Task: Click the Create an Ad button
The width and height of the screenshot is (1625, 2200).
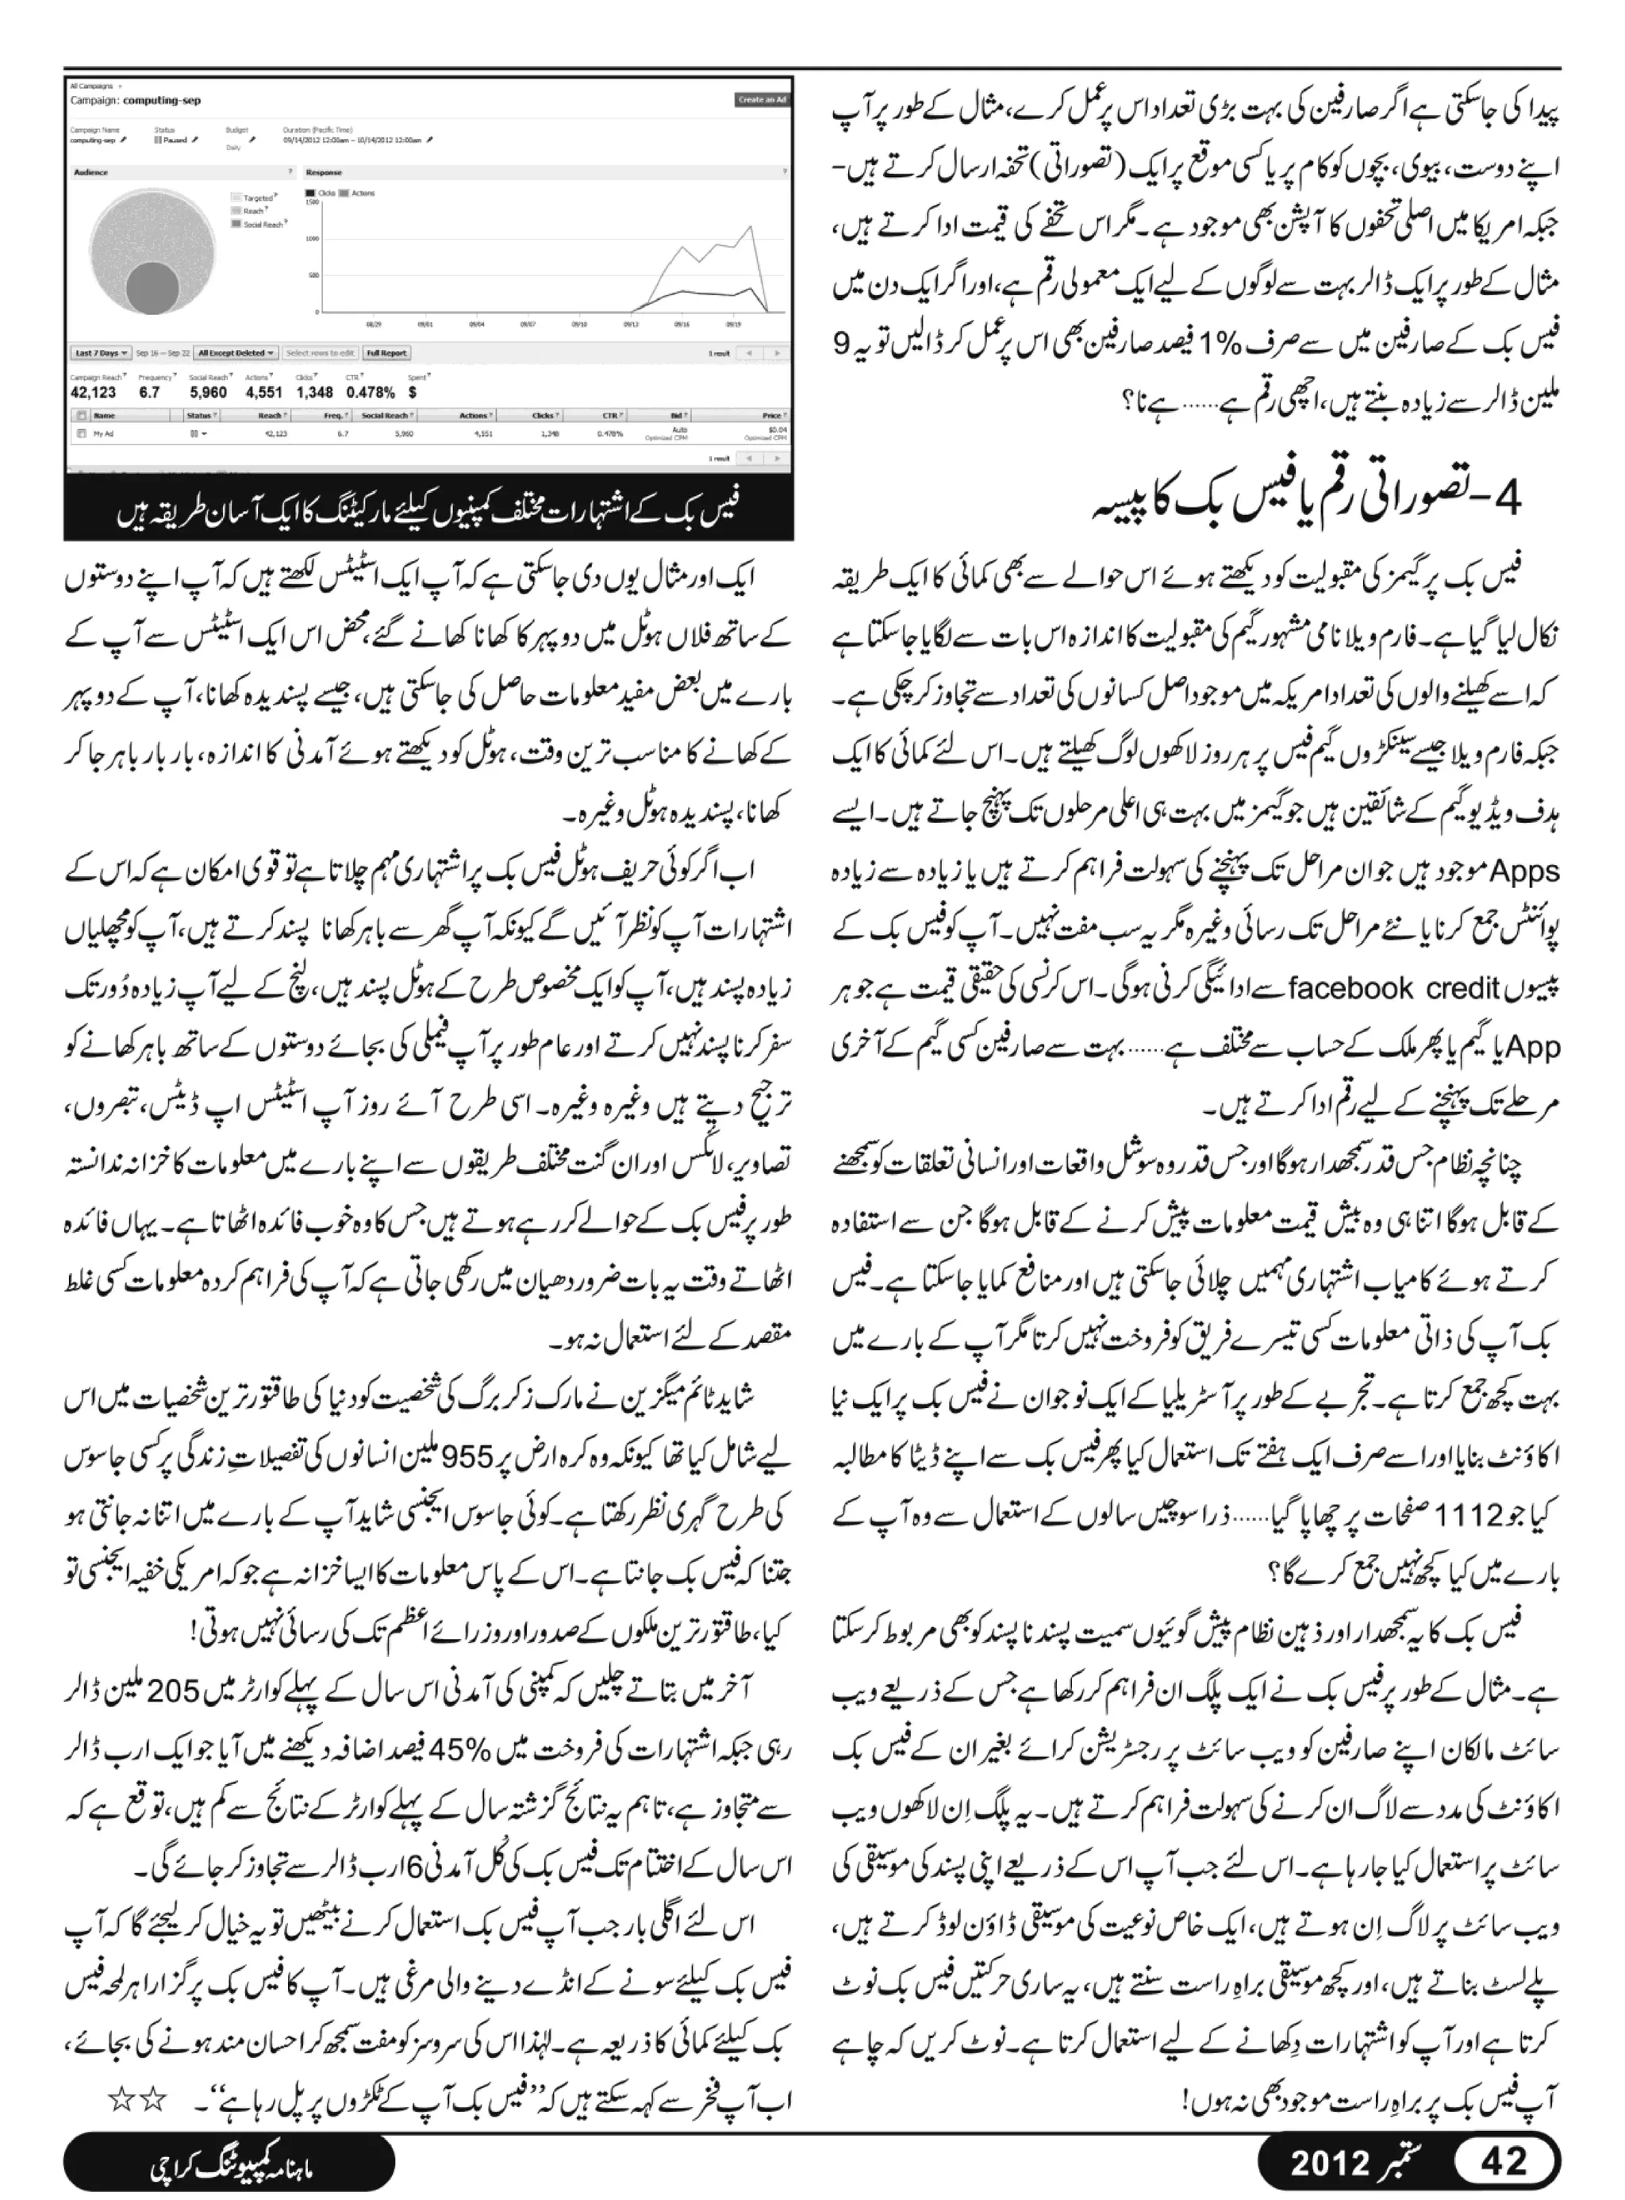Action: pos(763,99)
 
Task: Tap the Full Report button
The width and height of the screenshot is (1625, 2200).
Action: pos(386,352)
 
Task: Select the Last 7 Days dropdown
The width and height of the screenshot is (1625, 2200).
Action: pos(99,352)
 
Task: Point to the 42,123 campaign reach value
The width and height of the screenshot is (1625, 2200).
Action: pos(94,391)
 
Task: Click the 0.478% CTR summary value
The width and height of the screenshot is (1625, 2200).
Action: pos(371,391)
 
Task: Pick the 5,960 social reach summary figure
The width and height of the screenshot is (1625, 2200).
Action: pos(208,391)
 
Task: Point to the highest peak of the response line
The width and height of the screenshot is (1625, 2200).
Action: pos(752,227)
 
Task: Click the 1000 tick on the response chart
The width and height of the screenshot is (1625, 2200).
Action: pos(311,238)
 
